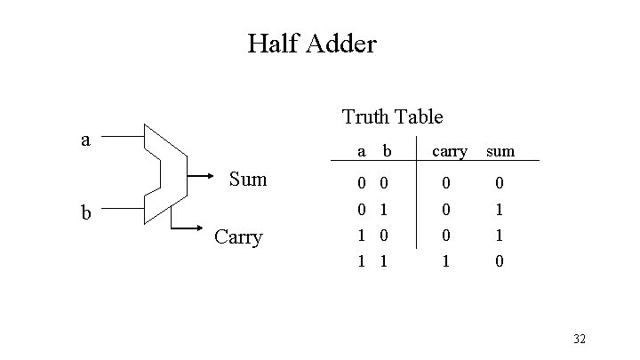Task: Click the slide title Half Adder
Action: click(x=312, y=43)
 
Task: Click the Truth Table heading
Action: click(x=392, y=116)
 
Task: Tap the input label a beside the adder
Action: click(x=85, y=140)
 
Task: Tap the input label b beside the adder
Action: click(x=85, y=212)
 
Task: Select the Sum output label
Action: click(x=248, y=179)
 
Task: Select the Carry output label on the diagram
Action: click(x=238, y=237)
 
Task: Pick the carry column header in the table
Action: click(x=450, y=152)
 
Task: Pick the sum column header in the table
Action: click(x=500, y=152)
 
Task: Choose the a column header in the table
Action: click(x=360, y=152)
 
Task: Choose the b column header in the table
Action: click(x=386, y=152)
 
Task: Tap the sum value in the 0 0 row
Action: click(x=500, y=183)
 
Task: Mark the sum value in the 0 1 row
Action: click(x=500, y=211)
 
